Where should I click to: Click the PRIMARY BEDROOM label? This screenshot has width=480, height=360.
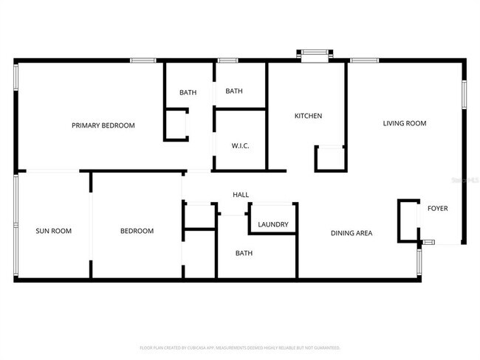point(103,125)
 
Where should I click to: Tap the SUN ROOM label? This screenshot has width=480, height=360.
point(54,231)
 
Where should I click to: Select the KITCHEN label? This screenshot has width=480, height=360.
point(308,116)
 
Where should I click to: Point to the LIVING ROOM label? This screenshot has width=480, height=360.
point(404,123)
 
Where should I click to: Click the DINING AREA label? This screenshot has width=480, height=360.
point(351,233)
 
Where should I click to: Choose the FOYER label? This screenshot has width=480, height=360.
point(437,209)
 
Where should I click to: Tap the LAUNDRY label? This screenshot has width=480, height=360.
point(272,225)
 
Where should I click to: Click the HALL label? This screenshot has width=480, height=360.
point(241,195)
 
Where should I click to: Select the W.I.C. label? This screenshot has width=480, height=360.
point(240,145)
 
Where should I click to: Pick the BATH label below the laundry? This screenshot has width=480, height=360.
point(244,253)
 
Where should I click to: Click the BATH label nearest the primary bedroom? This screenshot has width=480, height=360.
point(188,92)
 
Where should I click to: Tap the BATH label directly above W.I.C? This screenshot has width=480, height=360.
point(234,91)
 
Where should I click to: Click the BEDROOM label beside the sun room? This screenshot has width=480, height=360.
point(137,231)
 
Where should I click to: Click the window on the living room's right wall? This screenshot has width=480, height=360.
point(464,94)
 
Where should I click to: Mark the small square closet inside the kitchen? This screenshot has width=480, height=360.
point(329,159)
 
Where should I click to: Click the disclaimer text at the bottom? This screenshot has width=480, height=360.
point(240,347)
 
